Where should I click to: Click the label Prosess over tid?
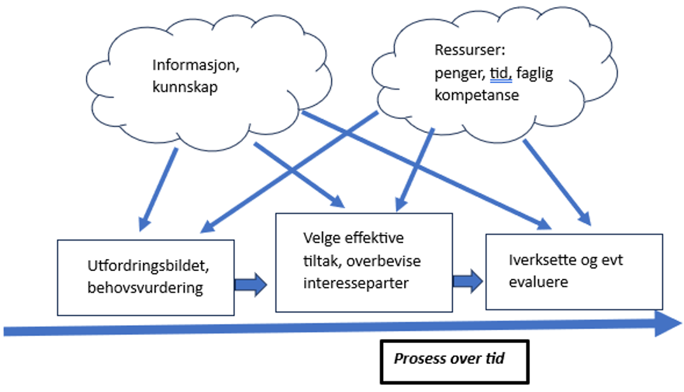click(449, 359)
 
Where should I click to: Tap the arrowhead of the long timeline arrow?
click(668, 323)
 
